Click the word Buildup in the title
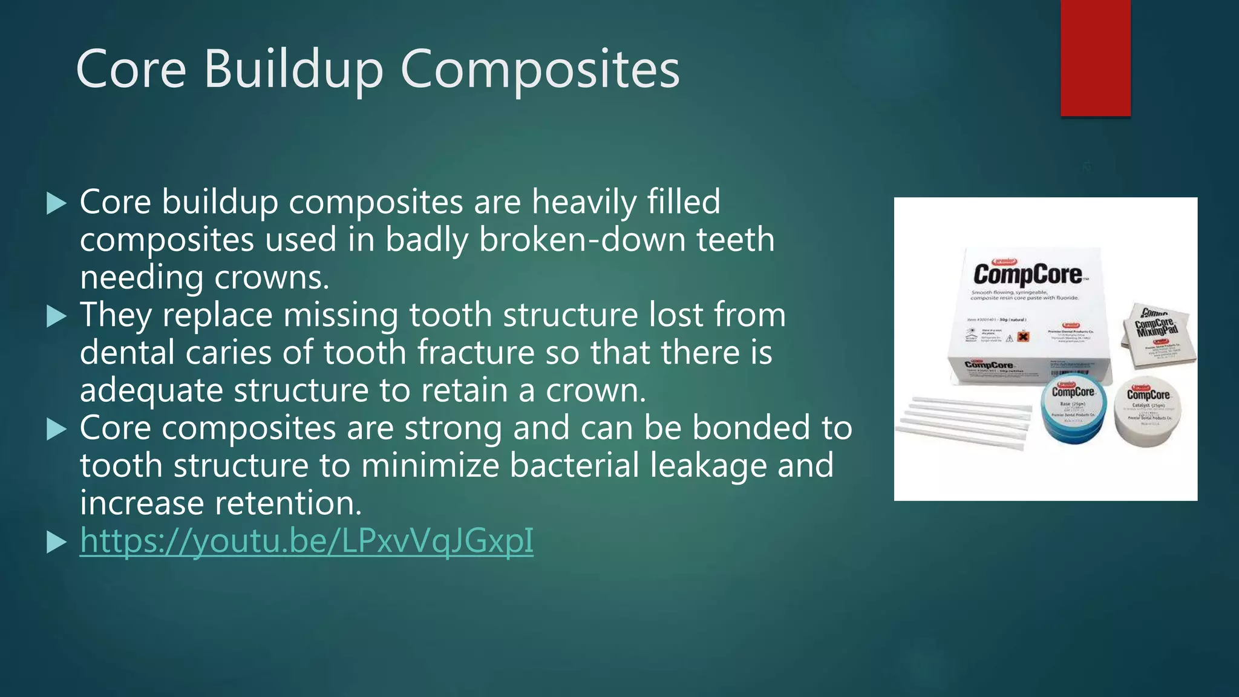tap(293, 70)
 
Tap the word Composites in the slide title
tap(540, 70)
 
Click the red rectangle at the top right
tap(1095, 57)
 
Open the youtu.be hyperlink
tap(307, 540)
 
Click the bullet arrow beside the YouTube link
tap(56, 542)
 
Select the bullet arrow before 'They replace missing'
tap(56, 316)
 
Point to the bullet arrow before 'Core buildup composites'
tap(56, 203)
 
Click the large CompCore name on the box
tap(1027, 274)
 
